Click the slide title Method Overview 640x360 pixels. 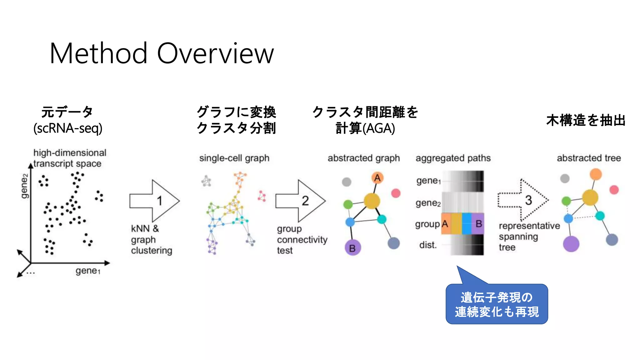click(x=162, y=53)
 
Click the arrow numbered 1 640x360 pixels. click(x=155, y=201)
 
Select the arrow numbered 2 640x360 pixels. click(x=301, y=201)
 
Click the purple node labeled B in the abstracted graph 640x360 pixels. click(x=353, y=248)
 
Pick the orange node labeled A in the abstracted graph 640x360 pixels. click(x=377, y=178)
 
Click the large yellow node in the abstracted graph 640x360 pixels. click(x=372, y=201)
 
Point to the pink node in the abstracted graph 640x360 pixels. click(x=396, y=193)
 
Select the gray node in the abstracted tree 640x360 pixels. click(x=564, y=178)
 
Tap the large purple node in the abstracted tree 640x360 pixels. click(x=571, y=244)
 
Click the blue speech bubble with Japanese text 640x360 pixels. click(x=497, y=304)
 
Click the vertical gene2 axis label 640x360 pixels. click(x=24, y=186)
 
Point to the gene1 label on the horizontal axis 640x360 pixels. click(x=88, y=271)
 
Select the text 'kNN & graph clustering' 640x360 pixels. click(x=151, y=239)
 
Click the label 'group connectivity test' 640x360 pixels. click(x=302, y=239)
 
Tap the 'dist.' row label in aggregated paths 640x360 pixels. click(x=428, y=245)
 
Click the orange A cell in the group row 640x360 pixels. click(x=446, y=224)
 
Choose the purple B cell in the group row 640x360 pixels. click(x=478, y=224)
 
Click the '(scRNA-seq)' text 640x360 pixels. click(x=68, y=128)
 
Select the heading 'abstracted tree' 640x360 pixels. click(x=589, y=158)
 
